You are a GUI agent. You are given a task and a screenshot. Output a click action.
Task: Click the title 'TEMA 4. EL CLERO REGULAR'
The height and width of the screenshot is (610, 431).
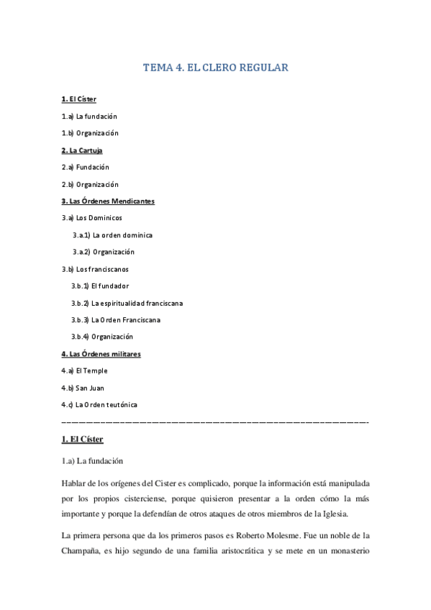click(x=216, y=68)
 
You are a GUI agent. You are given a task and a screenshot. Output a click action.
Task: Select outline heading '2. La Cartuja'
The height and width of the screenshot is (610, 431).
click(x=82, y=150)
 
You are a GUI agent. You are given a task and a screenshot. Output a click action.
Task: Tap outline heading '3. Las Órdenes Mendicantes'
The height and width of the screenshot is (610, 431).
click(x=108, y=201)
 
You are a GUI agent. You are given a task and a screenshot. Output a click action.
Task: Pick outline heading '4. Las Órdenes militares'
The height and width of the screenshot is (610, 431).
click(x=101, y=354)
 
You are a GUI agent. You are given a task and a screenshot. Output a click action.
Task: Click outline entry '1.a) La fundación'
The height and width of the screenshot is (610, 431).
click(x=89, y=117)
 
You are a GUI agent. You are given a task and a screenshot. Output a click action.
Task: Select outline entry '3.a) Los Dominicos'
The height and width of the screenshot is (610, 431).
click(x=92, y=218)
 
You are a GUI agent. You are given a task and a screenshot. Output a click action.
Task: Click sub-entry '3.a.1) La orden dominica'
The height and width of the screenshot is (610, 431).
click(x=112, y=235)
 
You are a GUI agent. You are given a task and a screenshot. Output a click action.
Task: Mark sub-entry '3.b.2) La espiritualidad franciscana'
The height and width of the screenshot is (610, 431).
click(x=127, y=303)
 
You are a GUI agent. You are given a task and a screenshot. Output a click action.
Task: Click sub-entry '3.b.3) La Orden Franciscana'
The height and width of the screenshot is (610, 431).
click(x=116, y=320)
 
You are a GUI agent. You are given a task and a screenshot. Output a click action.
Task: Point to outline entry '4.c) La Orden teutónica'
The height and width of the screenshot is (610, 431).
click(x=99, y=405)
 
